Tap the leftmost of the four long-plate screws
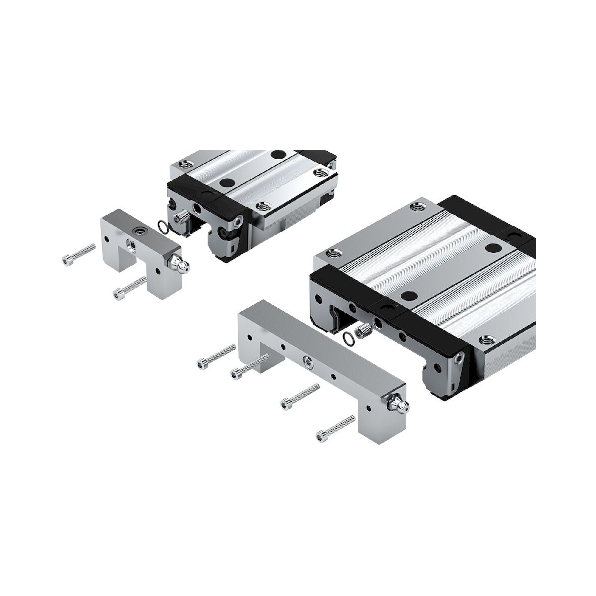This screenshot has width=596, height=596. point(213,357)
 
